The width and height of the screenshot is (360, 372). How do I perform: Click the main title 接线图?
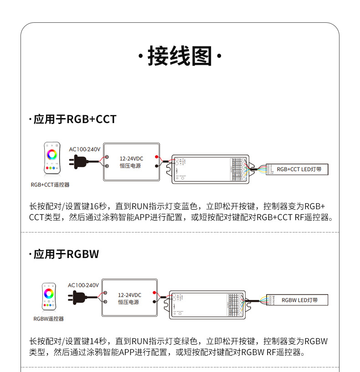pyautogui.click(x=180, y=57)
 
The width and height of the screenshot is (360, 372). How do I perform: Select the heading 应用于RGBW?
pyautogui.click(x=66, y=254)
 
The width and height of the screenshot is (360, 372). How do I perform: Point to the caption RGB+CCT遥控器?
pyautogui.click(x=50, y=185)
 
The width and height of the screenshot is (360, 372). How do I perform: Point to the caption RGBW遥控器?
pyautogui.click(x=49, y=319)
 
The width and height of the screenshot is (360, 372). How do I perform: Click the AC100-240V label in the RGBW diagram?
pyautogui.click(x=83, y=285)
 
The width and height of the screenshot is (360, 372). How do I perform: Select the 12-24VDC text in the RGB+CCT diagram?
pyautogui.click(x=131, y=158)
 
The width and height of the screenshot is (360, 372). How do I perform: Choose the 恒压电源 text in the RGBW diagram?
pyautogui.click(x=129, y=302)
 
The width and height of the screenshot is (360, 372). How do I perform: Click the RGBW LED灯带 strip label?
pyautogui.click(x=299, y=300)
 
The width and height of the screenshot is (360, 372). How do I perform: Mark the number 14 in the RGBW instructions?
pyautogui.click(x=95, y=341)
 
